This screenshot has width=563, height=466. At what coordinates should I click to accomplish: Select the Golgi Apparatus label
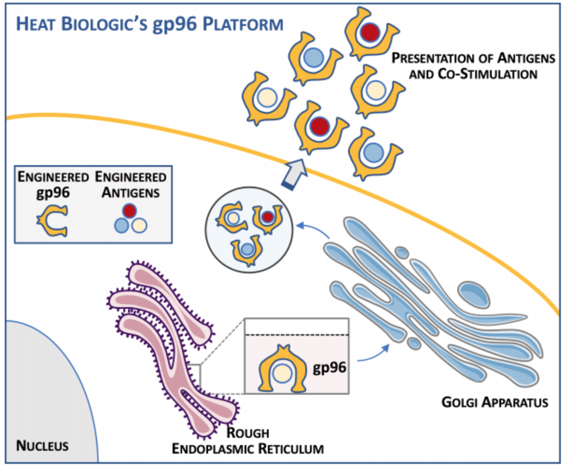[x=495, y=402]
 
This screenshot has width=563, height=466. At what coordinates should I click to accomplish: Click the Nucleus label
[x=42, y=446]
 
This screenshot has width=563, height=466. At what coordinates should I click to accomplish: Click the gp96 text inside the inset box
[x=329, y=367]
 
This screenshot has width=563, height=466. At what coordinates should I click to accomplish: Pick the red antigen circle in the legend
[x=130, y=211]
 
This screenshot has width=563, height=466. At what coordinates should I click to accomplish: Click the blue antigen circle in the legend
[x=122, y=225]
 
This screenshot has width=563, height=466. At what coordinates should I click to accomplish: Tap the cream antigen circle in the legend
[x=140, y=225]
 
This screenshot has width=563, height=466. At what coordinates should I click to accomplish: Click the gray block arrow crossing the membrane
[x=294, y=173]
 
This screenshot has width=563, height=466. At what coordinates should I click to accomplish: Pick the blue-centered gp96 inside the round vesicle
[x=247, y=249]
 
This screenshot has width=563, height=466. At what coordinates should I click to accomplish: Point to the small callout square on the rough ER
[x=194, y=376]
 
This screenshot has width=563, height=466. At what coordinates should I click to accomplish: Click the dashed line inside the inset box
[x=297, y=335]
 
